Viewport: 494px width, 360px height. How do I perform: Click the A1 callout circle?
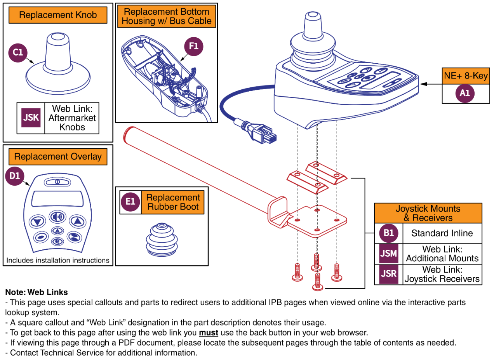click(465, 93)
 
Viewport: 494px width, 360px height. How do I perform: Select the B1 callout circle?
click(389, 233)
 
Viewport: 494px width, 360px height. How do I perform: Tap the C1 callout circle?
click(18, 52)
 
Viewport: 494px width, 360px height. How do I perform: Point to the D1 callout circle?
click(14, 176)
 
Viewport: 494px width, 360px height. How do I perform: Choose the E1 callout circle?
click(130, 202)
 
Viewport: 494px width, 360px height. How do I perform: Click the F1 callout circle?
click(193, 46)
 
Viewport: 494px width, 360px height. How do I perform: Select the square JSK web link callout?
click(31, 117)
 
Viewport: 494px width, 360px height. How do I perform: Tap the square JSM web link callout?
click(389, 254)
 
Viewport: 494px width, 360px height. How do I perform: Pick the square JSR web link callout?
click(389, 274)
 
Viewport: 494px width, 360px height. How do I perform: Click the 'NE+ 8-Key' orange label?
click(465, 76)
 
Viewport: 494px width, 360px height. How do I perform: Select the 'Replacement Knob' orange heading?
click(57, 16)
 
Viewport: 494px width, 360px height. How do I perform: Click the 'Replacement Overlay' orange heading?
click(58, 157)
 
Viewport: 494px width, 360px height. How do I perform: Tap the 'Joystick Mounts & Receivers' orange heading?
click(428, 213)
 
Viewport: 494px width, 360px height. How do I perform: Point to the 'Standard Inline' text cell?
click(442, 233)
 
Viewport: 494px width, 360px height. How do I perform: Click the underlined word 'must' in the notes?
click(209, 333)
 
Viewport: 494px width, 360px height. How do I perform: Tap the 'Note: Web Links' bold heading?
click(37, 292)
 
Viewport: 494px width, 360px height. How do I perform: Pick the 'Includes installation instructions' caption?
click(58, 260)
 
